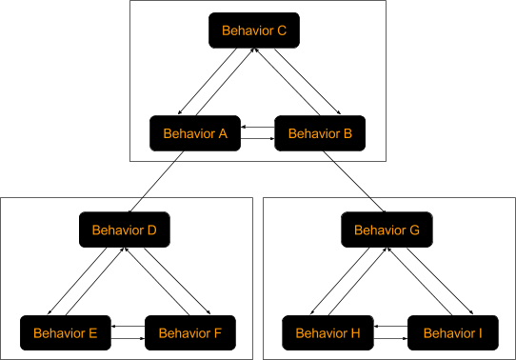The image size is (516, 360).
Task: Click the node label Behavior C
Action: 254,30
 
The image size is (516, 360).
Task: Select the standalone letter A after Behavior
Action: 223,134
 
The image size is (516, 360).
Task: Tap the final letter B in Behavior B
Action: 347,134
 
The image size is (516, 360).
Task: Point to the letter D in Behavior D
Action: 151,230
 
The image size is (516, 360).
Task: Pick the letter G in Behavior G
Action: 414,230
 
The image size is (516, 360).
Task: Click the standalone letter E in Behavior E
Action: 92,333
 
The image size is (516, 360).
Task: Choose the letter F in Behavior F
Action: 218,333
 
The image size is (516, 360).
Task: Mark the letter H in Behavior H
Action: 355,333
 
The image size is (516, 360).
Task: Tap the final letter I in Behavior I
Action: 480,333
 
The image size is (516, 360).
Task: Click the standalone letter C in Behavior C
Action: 282,30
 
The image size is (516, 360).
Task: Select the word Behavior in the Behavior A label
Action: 189,134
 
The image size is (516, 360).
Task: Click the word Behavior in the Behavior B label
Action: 314,134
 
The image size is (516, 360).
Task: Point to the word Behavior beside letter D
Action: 118,230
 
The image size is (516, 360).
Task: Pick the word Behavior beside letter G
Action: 380,230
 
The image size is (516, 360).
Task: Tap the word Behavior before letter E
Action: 59,333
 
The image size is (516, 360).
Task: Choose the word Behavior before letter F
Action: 185,333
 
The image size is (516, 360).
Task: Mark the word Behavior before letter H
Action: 322,333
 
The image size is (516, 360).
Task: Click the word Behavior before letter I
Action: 449,333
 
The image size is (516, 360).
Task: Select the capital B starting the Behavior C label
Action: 227,30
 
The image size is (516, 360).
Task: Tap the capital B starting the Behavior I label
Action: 427,333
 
